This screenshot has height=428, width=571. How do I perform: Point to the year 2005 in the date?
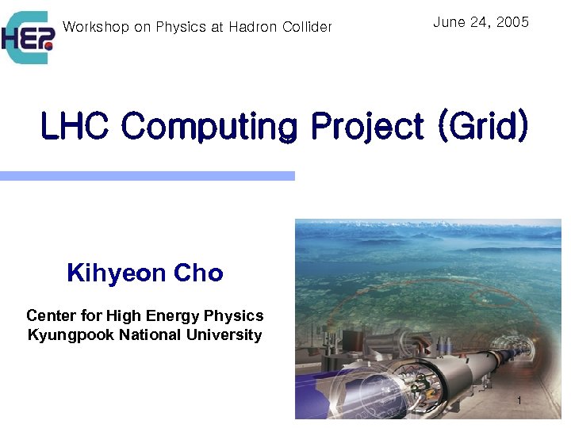point(512,22)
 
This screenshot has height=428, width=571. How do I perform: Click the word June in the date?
point(448,22)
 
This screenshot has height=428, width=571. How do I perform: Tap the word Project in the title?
point(367,126)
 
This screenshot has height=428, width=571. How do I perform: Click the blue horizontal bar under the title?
point(147,176)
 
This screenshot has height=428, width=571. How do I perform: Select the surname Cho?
point(199,273)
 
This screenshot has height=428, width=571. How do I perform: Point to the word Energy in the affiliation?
point(174,315)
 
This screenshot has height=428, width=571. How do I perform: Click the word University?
point(224,335)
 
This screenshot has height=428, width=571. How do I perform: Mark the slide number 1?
point(519,401)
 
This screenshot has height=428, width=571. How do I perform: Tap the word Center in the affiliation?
point(50,315)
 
